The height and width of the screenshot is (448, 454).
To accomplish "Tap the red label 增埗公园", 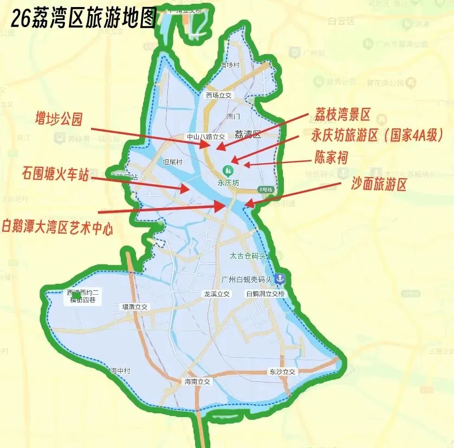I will [59, 119].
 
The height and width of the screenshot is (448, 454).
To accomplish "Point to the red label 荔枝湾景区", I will [342, 115].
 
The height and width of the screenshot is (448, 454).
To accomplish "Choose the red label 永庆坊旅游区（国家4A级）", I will [378, 135].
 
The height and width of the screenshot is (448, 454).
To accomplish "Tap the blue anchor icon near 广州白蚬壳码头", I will [280, 279].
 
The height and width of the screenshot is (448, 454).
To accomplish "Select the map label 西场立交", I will [219, 95].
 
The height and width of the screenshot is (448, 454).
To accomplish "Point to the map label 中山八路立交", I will [205, 137].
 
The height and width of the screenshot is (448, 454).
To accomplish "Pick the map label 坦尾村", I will [173, 161].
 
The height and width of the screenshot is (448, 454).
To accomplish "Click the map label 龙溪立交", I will [216, 294].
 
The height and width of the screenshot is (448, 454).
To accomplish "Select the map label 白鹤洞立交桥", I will [265, 294].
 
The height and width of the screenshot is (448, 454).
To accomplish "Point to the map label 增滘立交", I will [134, 307].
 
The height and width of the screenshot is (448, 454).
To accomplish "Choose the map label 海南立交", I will [197, 381].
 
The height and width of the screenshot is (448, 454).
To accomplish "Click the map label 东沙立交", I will [282, 372].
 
